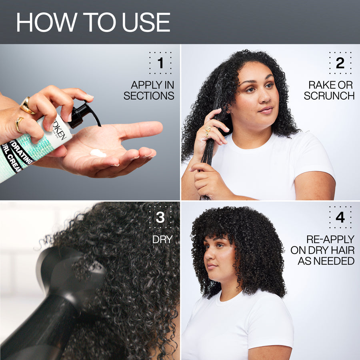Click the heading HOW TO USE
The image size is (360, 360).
point(93,22)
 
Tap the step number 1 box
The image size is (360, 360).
point(160,63)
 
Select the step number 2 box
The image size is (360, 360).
point(340,63)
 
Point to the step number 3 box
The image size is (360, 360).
point(160,218)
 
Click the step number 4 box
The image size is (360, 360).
point(340,218)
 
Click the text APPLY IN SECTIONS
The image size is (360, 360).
point(149,90)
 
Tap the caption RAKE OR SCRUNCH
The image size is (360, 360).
point(329,90)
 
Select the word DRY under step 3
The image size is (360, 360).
point(162,240)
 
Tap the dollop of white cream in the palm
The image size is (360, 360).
point(98,153)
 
